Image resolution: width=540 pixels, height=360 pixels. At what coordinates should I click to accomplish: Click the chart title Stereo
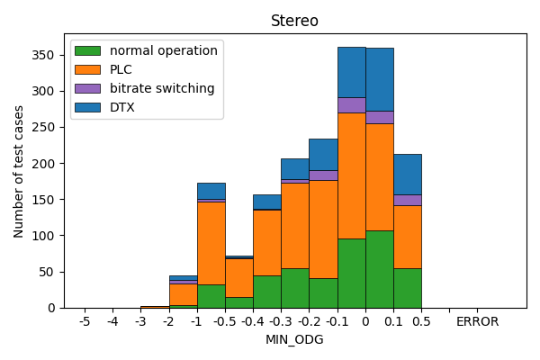tap(294, 21)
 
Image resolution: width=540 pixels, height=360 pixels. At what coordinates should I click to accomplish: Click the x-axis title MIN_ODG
tap(294, 339)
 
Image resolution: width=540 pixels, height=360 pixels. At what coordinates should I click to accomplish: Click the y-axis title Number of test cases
tap(19, 171)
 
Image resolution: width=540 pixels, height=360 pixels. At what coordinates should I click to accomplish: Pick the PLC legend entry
tap(122, 69)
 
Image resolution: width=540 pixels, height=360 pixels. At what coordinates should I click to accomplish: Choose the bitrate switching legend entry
tap(162, 88)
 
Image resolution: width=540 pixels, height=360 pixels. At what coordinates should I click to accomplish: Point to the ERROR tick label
tap(477, 321)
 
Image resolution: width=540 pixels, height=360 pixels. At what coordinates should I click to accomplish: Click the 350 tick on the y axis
tap(46, 55)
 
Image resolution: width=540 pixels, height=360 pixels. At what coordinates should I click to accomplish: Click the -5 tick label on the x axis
tap(85, 321)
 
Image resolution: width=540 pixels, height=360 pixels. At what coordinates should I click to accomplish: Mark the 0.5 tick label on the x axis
tap(421, 321)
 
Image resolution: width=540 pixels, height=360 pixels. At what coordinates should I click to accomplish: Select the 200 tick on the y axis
tap(46, 163)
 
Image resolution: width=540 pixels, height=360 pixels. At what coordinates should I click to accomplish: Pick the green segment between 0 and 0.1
tap(379, 269)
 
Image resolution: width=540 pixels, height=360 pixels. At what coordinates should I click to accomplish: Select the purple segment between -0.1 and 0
tap(351, 105)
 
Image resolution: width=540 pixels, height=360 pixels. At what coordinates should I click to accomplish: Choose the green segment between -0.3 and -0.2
tap(295, 288)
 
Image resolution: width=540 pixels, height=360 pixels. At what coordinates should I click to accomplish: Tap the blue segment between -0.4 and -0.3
tap(267, 202)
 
